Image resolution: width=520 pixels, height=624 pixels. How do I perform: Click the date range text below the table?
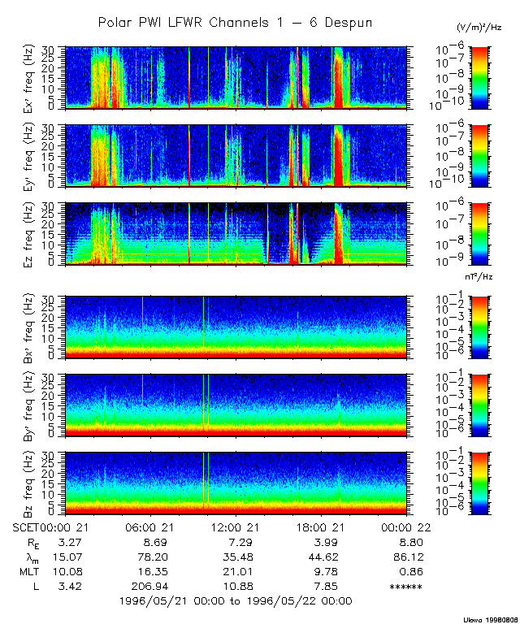(x=236, y=601)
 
